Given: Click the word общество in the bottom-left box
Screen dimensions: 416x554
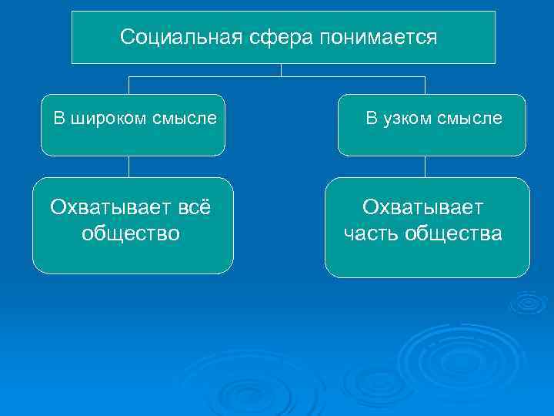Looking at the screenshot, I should click(131, 233).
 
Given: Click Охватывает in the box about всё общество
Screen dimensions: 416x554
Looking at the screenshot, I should click(102, 207).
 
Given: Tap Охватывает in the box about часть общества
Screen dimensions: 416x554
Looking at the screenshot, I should click(423, 207).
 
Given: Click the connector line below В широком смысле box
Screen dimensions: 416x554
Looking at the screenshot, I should click(128, 167).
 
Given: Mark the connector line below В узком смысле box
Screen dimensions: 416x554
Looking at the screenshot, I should click(426, 167).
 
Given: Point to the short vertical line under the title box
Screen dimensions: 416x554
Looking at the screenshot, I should click(281, 70).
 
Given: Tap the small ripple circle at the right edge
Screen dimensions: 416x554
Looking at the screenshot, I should click(529, 304).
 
